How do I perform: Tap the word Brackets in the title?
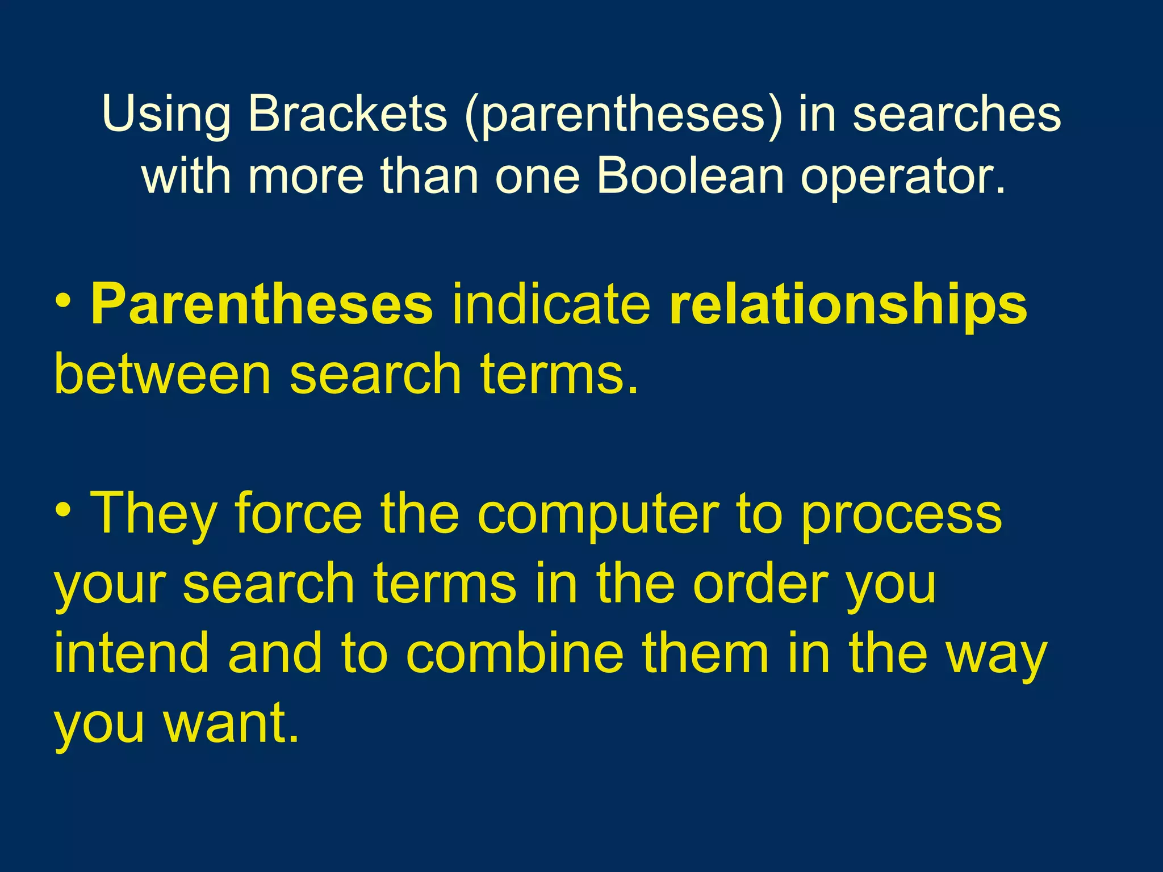pyautogui.click(x=348, y=113)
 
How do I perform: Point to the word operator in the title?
pyautogui.click(x=902, y=177)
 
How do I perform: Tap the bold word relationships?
pyautogui.click(x=848, y=307)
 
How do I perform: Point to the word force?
pyautogui.click(x=299, y=514)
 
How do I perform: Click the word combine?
pyautogui.click(x=514, y=653)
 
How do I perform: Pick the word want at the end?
pyautogui.click(x=230, y=723)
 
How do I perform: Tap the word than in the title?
pyautogui.click(x=429, y=175)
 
